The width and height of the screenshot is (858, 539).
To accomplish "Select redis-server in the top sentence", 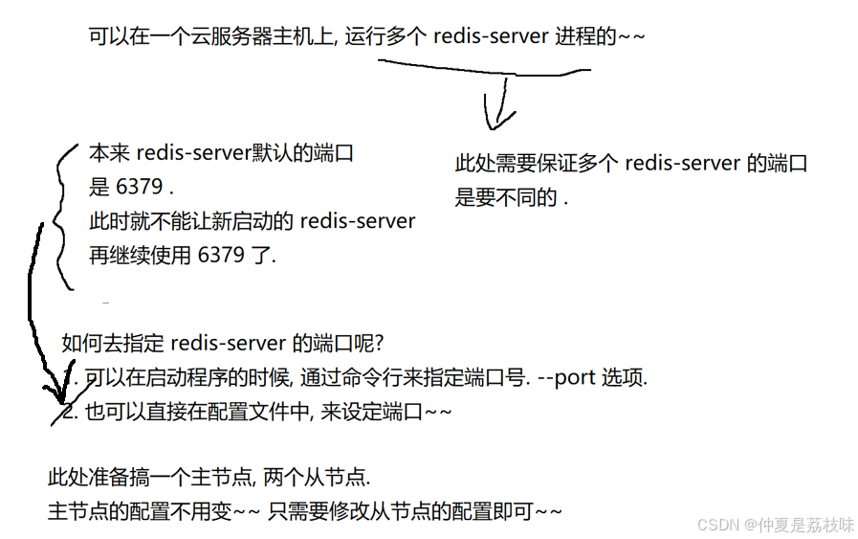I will [491, 36].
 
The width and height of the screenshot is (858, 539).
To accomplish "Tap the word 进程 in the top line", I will [575, 36].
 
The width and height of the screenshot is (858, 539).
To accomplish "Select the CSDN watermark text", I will [716, 524].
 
